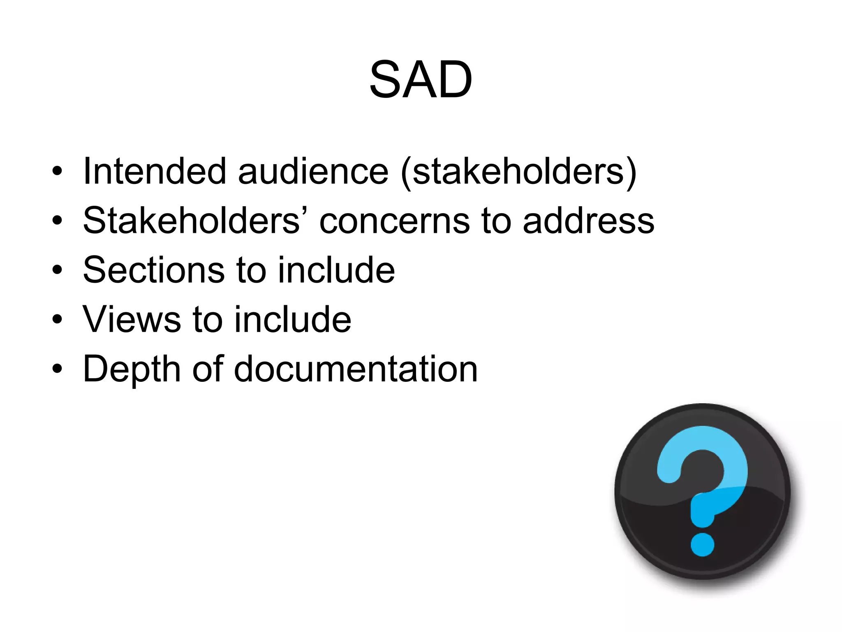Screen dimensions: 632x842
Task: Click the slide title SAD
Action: click(x=421, y=79)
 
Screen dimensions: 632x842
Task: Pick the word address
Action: click(x=588, y=221)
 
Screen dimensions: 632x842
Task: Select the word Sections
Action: click(x=153, y=270)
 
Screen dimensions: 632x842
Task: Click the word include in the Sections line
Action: click(x=336, y=270)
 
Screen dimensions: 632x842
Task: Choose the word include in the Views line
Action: click(x=293, y=319)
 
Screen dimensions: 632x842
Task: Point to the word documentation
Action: click(x=356, y=369)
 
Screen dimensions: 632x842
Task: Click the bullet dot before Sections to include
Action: click(x=57, y=270)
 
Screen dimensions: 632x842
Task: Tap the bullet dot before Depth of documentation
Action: click(x=57, y=369)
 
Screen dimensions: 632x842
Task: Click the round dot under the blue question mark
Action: click(x=702, y=544)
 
